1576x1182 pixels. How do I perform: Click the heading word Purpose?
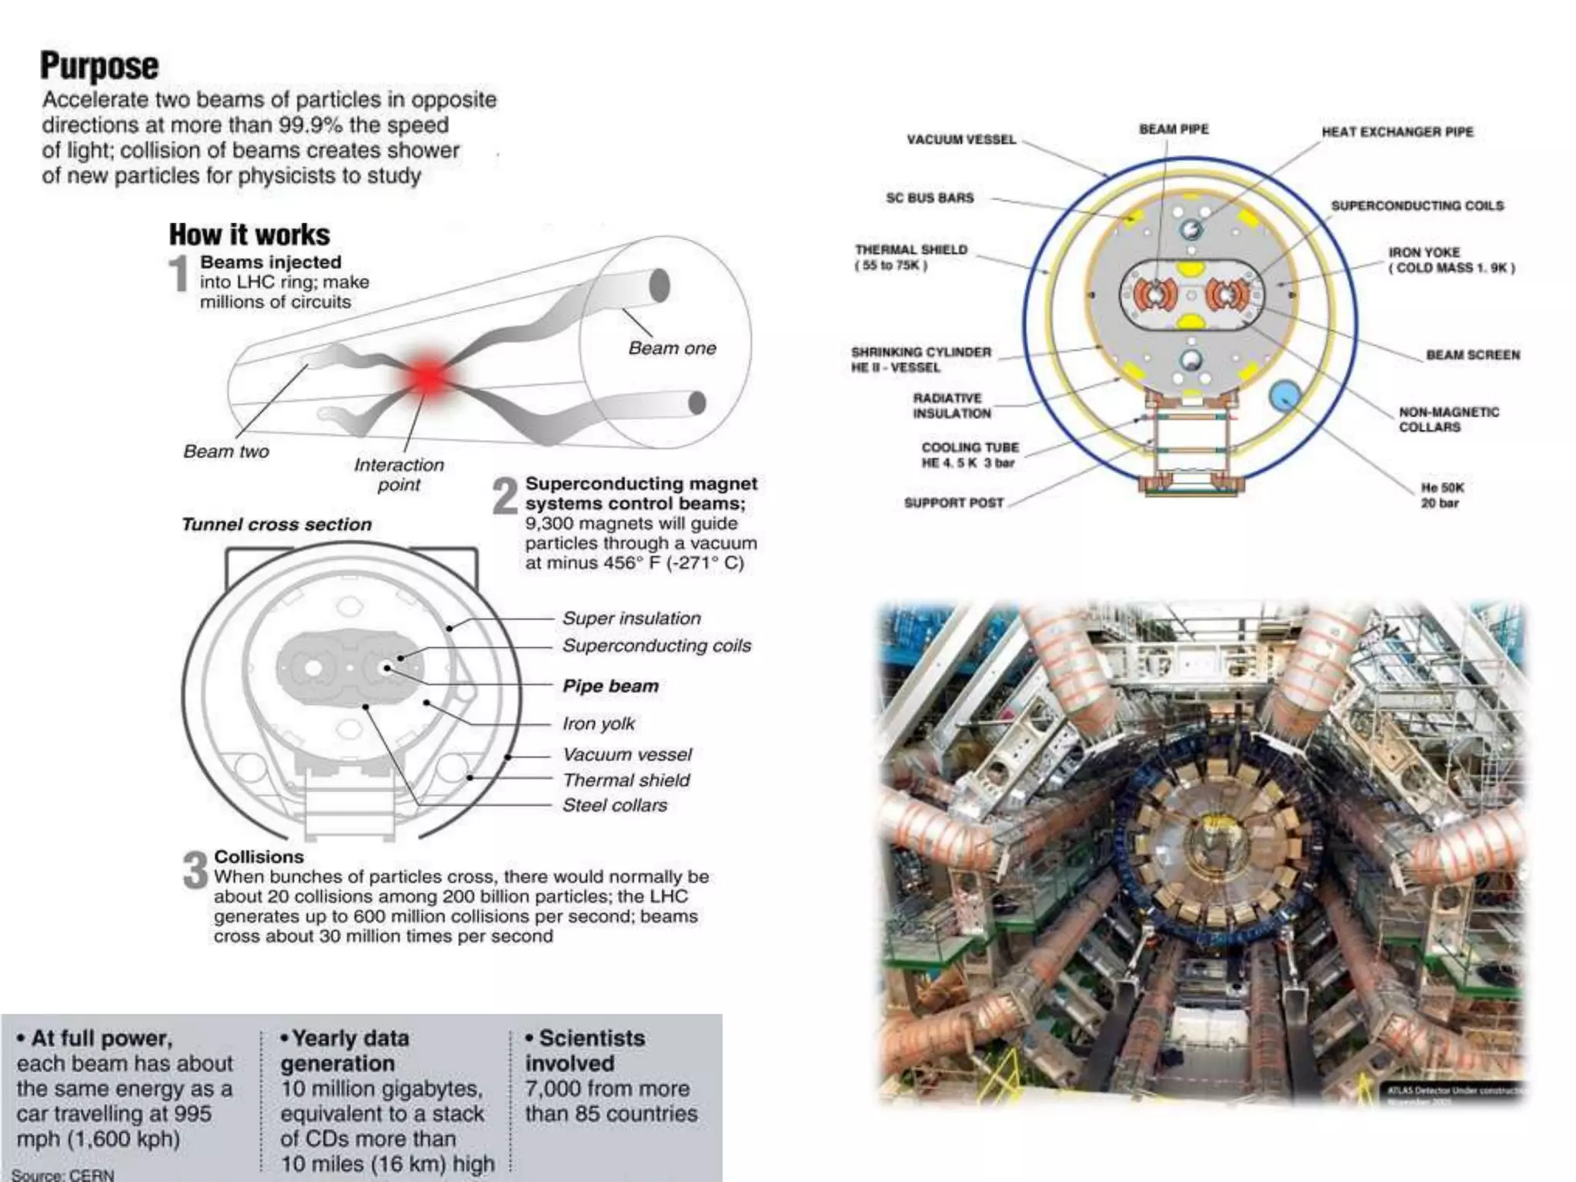99,66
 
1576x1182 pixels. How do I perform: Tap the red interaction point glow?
428,376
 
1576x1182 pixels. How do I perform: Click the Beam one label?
672,348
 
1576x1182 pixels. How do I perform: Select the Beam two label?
225,451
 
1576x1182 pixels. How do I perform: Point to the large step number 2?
505,496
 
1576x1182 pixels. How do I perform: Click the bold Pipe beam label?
610,686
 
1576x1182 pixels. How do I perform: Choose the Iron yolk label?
598,723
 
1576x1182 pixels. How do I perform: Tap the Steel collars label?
614,805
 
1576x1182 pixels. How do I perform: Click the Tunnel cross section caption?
276,524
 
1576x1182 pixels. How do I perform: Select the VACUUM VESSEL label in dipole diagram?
961,139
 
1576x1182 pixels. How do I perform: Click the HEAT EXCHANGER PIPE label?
1397,132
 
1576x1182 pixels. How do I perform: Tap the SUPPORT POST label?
953,503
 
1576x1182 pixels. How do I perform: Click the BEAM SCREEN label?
1473,355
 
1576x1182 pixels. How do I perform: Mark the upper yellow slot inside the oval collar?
1190,269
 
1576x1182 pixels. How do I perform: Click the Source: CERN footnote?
63,1174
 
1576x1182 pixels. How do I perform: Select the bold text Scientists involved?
585,1050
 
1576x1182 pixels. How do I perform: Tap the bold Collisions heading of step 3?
259,856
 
